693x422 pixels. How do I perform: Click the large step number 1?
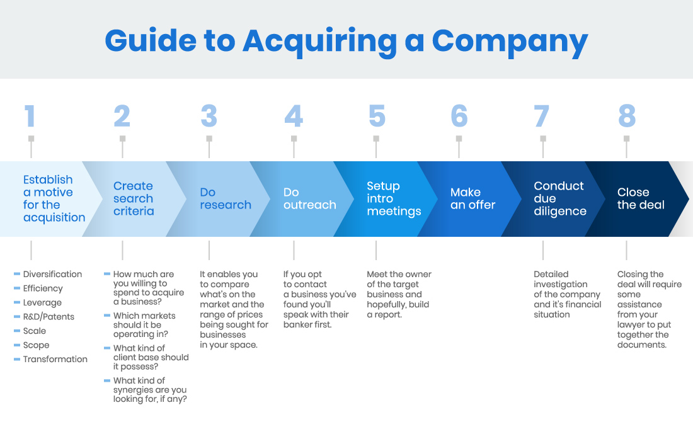pyautogui.click(x=30, y=117)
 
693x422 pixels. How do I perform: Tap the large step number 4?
pyautogui.click(x=293, y=117)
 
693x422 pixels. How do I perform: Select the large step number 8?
pyautogui.click(x=626, y=117)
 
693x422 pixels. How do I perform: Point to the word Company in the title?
pyautogui.click(x=509, y=41)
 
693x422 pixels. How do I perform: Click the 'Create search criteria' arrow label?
pyautogui.click(x=134, y=198)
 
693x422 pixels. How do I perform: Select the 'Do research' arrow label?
pyautogui.click(x=225, y=198)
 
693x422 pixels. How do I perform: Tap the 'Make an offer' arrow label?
pyautogui.click(x=472, y=198)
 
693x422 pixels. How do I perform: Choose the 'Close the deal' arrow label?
pyautogui.click(x=640, y=198)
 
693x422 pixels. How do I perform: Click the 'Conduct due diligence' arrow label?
pyautogui.click(x=559, y=198)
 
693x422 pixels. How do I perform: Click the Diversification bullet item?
pyautogui.click(x=52, y=274)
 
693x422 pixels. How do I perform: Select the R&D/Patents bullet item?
pyautogui.click(x=49, y=317)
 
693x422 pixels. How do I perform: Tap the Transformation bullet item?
pyautogui.click(x=55, y=359)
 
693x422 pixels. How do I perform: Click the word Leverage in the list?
pyautogui.click(x=42, y=302)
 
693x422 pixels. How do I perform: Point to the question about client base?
pyautogui.click(x=150, y=357)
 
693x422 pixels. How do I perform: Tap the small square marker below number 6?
pyautogui.click(x=459, y=139)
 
